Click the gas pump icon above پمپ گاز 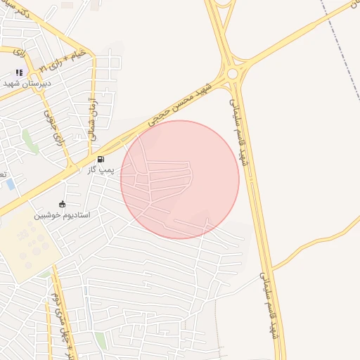[x=101, y=160]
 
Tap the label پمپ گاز [x=101, y=170]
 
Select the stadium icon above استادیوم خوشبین [x=63, y=204]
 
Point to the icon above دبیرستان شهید [x=19, y=72]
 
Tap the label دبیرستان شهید [x=19, y=82]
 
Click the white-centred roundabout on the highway [x=232, y=73]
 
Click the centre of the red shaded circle [x=180, y=180]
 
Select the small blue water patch [x=10, y=184]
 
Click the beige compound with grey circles [x=28, y=243]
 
